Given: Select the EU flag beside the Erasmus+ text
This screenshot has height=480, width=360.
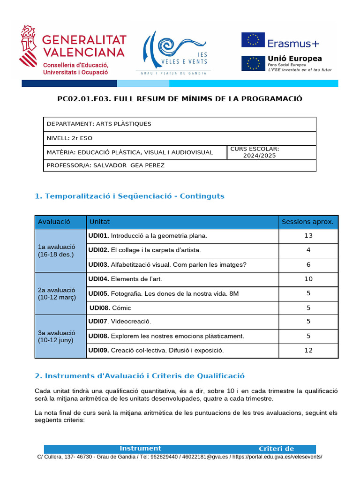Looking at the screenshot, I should point(253,40).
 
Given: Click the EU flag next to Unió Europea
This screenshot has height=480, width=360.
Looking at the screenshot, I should point(253,63).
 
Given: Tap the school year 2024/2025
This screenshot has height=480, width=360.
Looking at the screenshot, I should point(259,156).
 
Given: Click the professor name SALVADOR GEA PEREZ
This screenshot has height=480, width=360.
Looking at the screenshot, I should point(129,165).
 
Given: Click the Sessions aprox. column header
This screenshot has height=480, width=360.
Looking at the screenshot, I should point(307,222).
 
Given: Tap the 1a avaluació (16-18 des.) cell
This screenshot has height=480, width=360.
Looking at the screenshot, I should point(60,250).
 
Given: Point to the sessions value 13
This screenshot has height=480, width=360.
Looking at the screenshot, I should point(308,236).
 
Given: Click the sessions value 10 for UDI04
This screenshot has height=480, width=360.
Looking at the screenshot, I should point(308,279).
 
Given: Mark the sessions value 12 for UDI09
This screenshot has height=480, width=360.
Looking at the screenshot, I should point(308,350).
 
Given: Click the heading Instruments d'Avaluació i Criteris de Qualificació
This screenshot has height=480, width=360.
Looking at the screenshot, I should point(140,376).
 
